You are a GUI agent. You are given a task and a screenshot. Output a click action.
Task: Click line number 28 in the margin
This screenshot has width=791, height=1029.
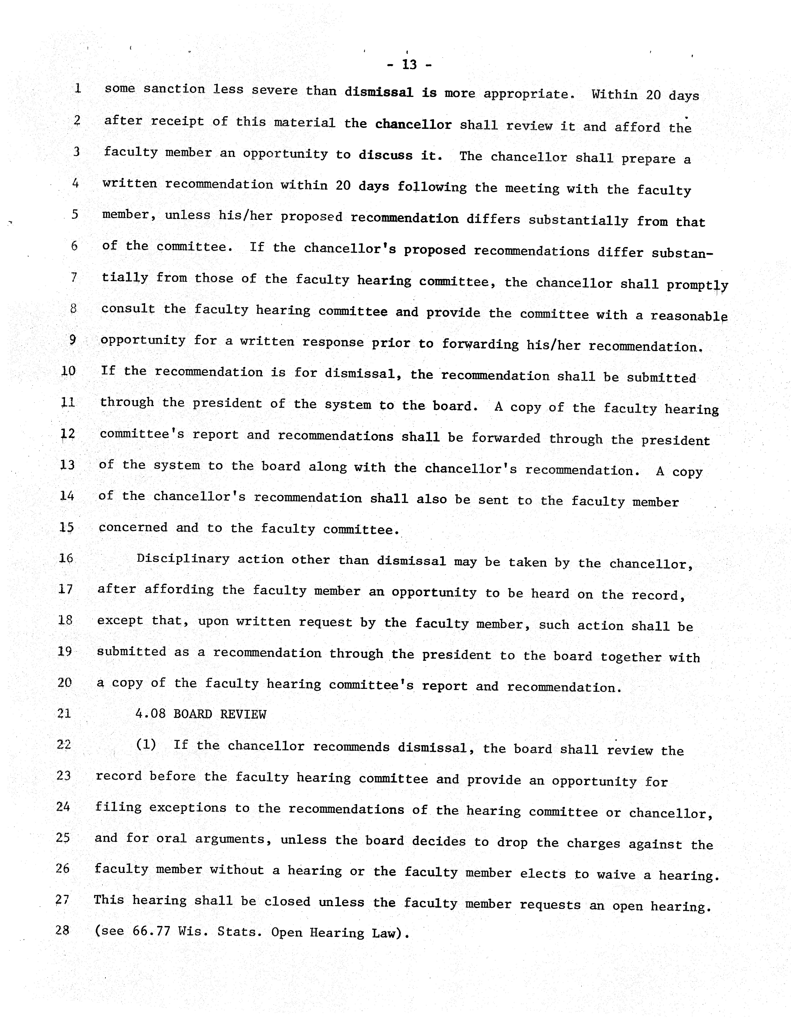click(63, 930)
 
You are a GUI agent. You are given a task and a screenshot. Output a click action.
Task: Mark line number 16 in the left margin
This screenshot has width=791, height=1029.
click(66, 558)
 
